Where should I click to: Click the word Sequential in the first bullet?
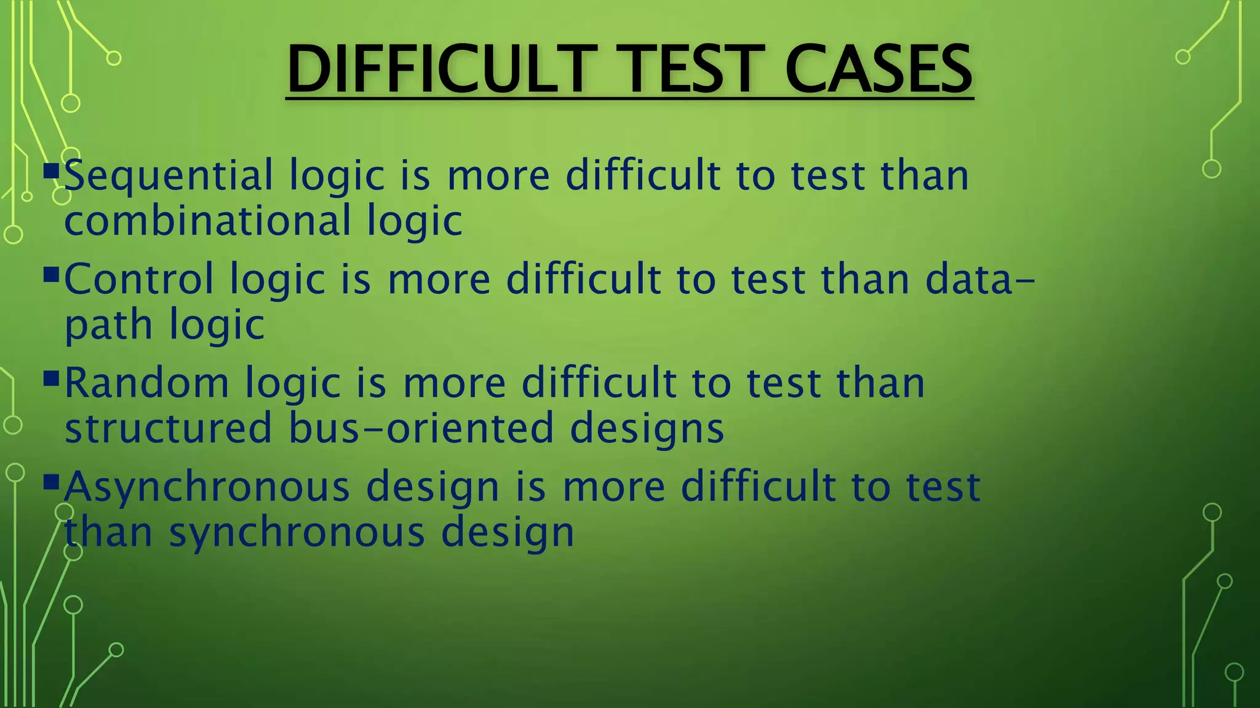click(169, 177)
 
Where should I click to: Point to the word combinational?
click(207, 221)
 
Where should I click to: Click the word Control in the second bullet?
click(139, 280)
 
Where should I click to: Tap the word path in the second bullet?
click(108, 326)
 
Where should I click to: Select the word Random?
click(146, 383)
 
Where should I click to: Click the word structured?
click(168, 428)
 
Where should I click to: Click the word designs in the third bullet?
click(647, 428)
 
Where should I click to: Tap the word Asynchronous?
click(207, 487)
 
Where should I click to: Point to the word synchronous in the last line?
click(297, 532)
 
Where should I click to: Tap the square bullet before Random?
click(52, 376)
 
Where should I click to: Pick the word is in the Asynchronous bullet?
click(530, 487)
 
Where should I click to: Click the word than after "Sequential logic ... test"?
click(924, 177)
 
